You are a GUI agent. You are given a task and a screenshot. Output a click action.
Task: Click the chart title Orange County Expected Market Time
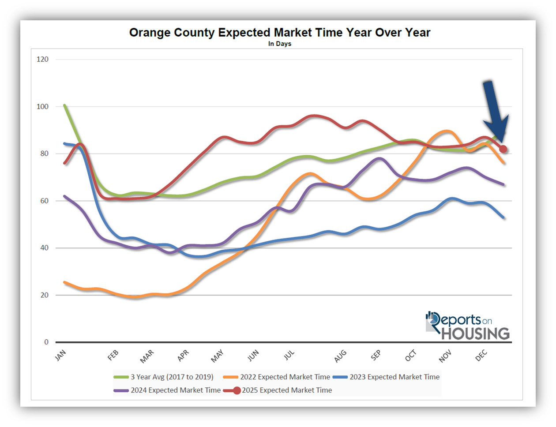coord(279,33)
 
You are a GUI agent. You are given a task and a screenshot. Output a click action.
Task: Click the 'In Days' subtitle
coord(280,44)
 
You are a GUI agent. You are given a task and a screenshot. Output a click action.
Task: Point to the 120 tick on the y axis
coord(43,60)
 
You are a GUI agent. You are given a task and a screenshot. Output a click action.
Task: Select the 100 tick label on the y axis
coord(43,107)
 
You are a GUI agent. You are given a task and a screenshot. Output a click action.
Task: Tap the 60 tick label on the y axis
coord(44,201)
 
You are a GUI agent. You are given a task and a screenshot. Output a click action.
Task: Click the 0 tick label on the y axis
coord(46,342)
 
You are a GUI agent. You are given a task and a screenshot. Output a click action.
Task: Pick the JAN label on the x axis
coord(60,356)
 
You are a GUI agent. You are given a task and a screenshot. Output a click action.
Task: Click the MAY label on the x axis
coord(217,356)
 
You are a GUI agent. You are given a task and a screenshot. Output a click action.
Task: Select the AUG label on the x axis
coord(340,356)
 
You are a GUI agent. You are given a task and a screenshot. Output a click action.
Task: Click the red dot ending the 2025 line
coord(503,149)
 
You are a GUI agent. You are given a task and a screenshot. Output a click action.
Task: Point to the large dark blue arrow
coord(494,110)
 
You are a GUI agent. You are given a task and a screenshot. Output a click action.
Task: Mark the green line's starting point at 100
coord(65,105)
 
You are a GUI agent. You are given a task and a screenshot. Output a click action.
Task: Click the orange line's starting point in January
coord(65,282)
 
